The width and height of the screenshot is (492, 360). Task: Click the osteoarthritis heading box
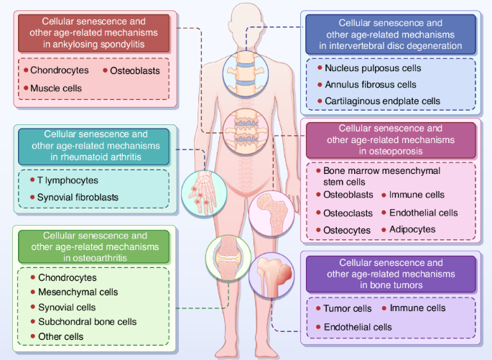tap(95, 246)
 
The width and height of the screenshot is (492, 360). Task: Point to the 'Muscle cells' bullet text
tap(55, 88)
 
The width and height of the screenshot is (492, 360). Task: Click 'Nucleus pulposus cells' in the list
tap(373, 68)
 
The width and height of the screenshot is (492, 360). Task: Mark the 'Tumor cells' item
tap(348, 309)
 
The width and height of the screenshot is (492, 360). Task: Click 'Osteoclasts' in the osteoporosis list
tap(348, 213)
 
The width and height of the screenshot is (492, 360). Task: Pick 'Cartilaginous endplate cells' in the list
tap(382, 101)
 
